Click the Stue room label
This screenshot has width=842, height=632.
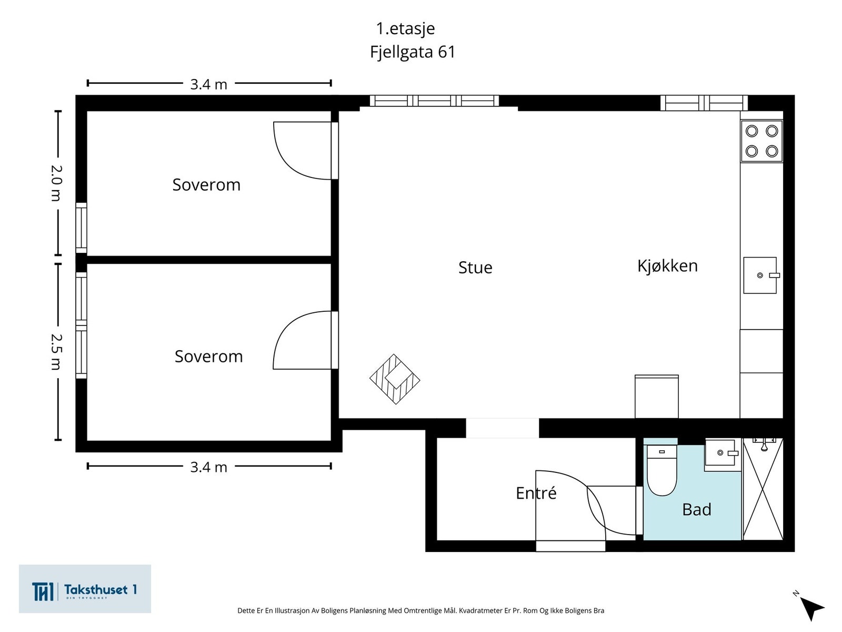coord(475,268)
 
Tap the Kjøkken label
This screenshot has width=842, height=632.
coord(667,265)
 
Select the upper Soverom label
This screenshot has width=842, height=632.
coord(206,185)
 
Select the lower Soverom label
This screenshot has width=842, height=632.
coord(208,357)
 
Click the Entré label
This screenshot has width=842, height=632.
coord(536,493)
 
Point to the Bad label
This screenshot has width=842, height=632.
coord(696,509)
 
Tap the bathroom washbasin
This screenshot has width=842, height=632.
coord(720,452)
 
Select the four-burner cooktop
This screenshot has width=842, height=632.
coord(761,141)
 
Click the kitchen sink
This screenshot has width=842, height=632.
coord(760,275)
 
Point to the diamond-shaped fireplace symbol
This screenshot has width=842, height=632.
coord(395,379)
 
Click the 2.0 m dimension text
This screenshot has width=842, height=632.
coord(56,183)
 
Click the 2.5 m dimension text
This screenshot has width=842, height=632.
coord(56,351)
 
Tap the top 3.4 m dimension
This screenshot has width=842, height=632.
coord(208,84)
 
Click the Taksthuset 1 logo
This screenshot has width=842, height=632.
coord(85,589)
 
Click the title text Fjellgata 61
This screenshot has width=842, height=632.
coord(412,52)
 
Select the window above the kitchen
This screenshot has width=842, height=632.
coord(704,103)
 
